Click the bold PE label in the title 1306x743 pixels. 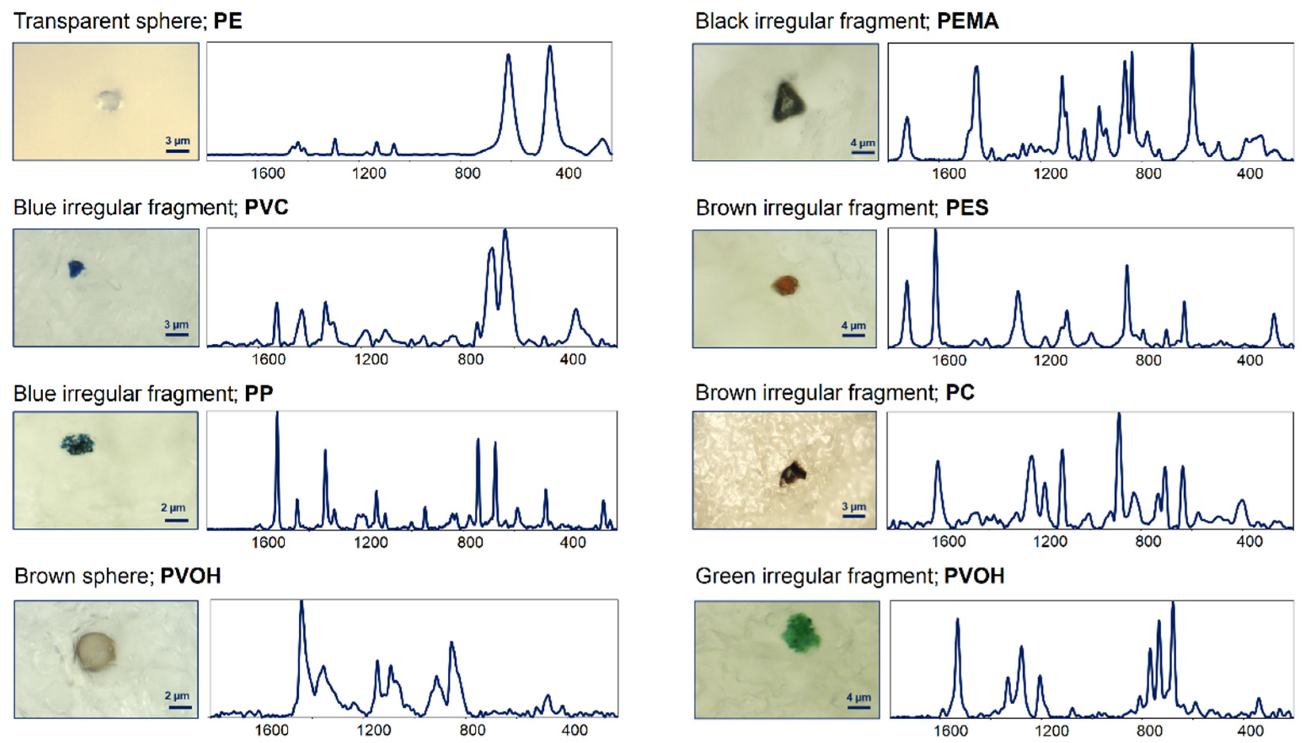[x=228, y=21]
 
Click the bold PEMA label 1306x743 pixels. [x=968, y=21]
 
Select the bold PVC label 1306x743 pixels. [x=267, y=207]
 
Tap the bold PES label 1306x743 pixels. [x=967, y=208]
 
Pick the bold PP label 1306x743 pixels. [x=259, y=393]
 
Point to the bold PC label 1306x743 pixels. [x=959, y=393]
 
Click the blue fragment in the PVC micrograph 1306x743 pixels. [x=77, y=268]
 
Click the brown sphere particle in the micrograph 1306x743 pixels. [x=95, y=652]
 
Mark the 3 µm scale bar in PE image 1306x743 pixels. [x=177, y=151]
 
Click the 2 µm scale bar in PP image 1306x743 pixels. [x=176, y=520]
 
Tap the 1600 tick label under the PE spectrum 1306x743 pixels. [x=267, y=174]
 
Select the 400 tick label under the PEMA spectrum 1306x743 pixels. [x=1249, y=174]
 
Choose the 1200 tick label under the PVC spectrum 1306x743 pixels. [x=371, y=360]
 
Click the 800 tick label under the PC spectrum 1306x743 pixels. [x=1148, y=542]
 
